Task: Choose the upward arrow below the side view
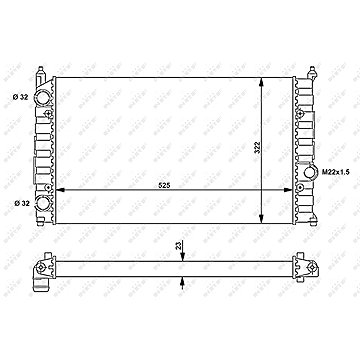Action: pyautogui.click(x=182, y=280)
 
